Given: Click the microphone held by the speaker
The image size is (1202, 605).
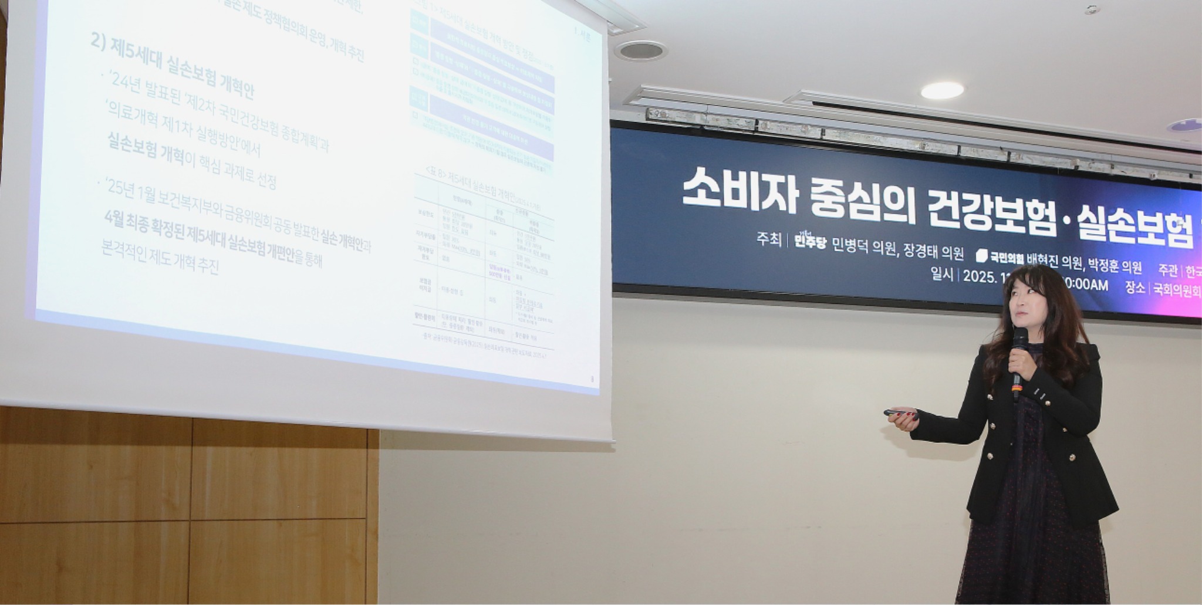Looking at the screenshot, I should [1019, 352].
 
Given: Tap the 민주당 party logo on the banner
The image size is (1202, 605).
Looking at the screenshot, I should [809, 241].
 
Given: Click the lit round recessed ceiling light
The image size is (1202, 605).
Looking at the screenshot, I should [941, 90].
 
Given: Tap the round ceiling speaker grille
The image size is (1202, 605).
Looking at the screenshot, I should [640, 50].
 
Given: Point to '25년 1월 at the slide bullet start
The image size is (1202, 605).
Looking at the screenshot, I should [132, 191].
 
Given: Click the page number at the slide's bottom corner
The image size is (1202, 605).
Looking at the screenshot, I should [592, 379].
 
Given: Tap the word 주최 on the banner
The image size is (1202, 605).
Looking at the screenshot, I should [768, 239].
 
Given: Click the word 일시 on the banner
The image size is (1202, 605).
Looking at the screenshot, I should [942, 273].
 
